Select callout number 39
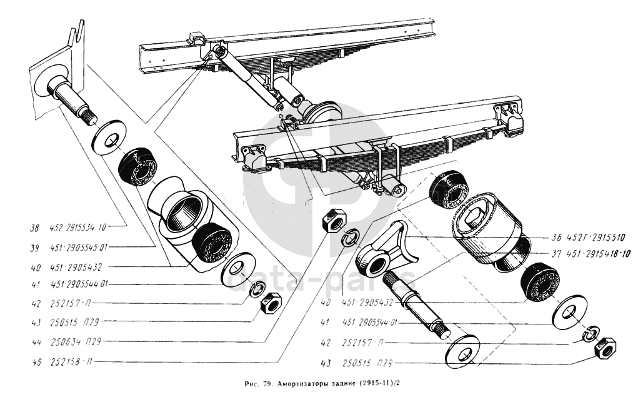[x=35, y=248]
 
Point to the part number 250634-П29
[x=79, y=343]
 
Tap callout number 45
[x=35, y=361]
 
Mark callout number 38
[x=35, y=228]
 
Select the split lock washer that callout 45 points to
[x=348, y=238]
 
